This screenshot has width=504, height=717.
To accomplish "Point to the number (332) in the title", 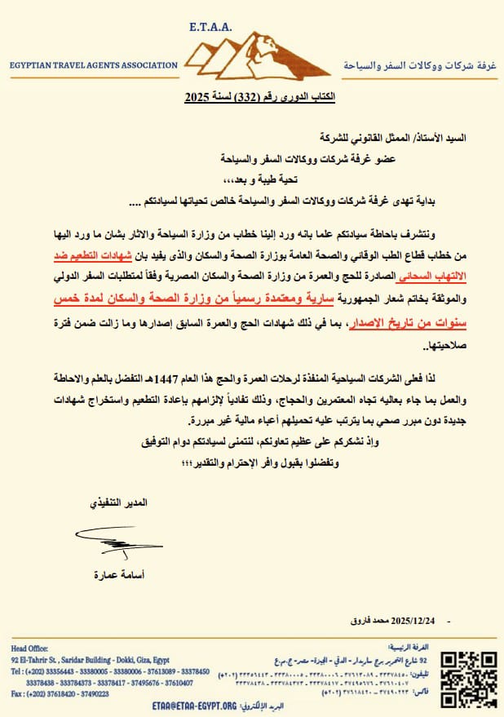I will pos(248,96).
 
